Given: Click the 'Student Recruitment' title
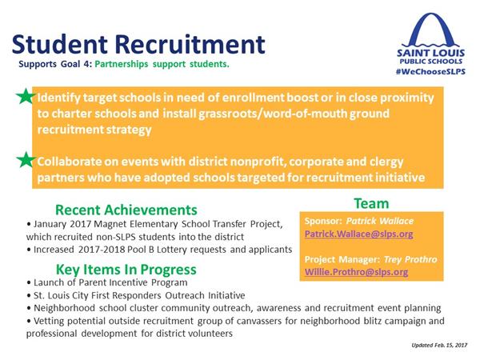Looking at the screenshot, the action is point(138,44).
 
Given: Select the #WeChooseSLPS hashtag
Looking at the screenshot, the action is point(430,72).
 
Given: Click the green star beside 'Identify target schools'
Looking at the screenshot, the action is point(26,96).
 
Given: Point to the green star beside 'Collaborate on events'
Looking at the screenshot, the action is point(26,160).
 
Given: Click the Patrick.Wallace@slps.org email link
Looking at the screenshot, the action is point(358,234).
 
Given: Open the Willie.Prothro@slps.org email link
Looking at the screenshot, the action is point(356,272).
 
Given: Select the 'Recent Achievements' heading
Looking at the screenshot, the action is point(126,210).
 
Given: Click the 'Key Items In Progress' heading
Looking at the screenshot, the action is point(126,270).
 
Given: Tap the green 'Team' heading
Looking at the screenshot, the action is point(371,203).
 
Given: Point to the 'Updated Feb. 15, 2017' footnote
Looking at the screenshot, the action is point(439,345).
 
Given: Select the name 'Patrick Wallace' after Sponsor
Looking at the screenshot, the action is point(380,221).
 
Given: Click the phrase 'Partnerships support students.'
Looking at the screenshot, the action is point(162,64).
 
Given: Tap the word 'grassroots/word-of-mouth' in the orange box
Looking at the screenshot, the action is point(273,114).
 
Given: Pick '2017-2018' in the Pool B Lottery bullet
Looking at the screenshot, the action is point(102,250).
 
